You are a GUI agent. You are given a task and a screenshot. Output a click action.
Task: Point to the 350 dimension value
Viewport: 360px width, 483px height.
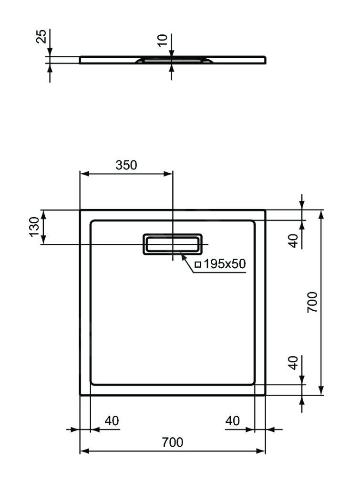[x=126, y=165]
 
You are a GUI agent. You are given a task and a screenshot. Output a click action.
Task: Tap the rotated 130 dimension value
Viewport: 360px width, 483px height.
[x=34, y=227]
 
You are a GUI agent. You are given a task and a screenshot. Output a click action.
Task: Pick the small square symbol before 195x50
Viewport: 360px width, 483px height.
[x=198, y=264]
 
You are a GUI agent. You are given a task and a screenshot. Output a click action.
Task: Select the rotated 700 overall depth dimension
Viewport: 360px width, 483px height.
[x=312, y=302]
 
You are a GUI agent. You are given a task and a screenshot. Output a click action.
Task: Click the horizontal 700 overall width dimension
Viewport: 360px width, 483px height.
[x=172, y=442]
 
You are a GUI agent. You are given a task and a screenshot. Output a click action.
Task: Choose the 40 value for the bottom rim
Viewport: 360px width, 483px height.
[x=294, y=363]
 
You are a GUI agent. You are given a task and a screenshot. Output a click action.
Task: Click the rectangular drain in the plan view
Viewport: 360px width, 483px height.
[x=172, y=244]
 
